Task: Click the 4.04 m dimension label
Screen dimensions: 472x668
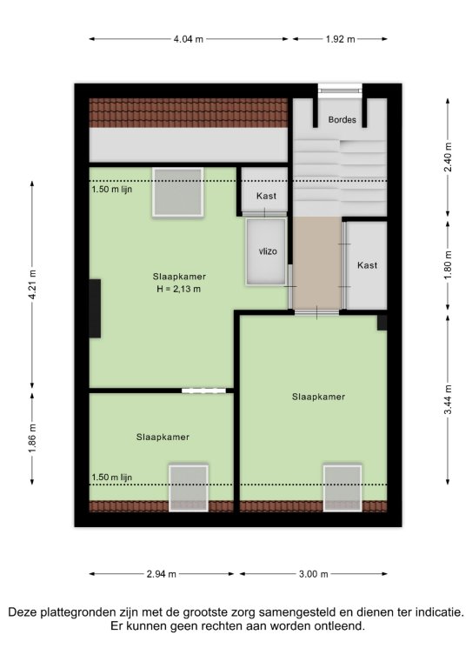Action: [x=188, y=39]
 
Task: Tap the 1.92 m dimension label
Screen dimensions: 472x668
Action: [x=340, y=39]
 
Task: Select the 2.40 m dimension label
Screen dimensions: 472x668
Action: [x=448, y=157]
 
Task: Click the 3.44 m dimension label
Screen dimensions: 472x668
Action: [x=448, y=399]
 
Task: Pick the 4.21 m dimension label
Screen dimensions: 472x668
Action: [x=32, y=284]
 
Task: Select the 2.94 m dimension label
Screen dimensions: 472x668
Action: [x=162, y=574]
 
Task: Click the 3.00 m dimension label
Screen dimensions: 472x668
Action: [x=313, y=574]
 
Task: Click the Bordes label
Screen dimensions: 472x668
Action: [x=342, y=120]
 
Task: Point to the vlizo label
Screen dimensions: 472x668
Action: [x=268, y=251]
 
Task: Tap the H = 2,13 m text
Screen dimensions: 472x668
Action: [x=179, y=290]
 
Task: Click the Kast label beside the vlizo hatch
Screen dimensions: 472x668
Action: [x=266, y=196]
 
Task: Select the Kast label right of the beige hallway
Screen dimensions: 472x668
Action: [x=368, y=265]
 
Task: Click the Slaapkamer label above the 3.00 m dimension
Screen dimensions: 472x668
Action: [x=318, y=397]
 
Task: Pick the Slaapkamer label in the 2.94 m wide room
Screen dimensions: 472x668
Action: [x=163, y=438]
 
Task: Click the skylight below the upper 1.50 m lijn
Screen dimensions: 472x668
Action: [x=177, y=192]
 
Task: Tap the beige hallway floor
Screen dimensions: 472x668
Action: [x=317, y=263]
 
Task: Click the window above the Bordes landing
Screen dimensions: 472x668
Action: [x=340, y=90]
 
